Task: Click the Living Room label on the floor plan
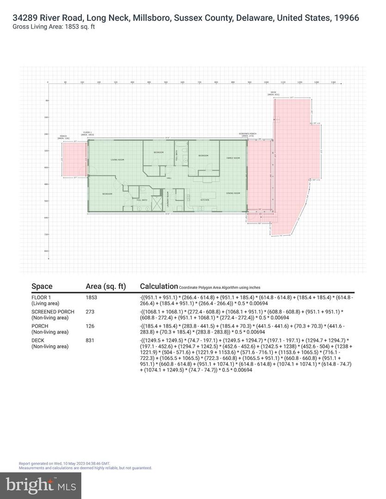(x=117, y=160)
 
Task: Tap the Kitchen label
(x=205, y=200)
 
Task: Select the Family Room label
(x=233, y=158)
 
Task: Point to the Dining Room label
(x=233, y=193)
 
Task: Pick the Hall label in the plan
(x=169, y=178)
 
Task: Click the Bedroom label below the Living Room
(x=107, y=194)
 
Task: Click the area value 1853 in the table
(x=92, y=298)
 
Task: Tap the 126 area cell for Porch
(x=90, y=326)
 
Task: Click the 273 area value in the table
(x=90, y=312)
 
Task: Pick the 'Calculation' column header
(x=159, y=286)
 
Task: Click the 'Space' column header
(x=42, y=286)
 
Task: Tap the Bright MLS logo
(x=41, y=485)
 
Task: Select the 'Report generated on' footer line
(x=64, y=463)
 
